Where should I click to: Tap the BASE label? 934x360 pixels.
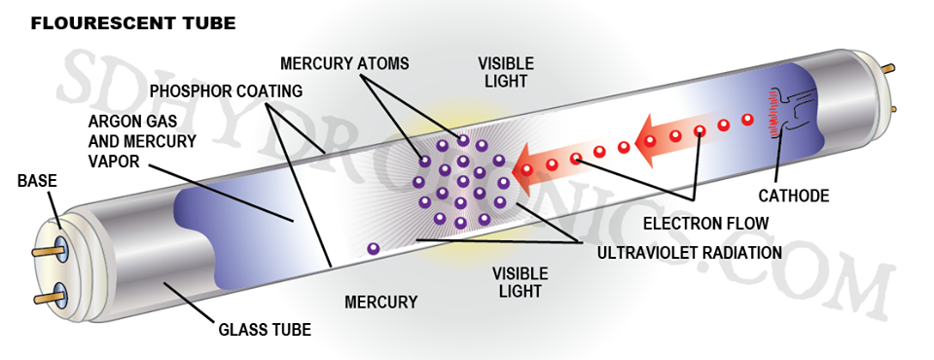[x=38, y=180]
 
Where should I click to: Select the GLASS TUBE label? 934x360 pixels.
[x=262, y=330]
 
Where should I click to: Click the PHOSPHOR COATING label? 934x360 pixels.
[x=226, y=90]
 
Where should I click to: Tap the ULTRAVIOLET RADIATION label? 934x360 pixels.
[x=689, y=252]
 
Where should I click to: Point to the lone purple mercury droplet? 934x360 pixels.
[x=373, y=249]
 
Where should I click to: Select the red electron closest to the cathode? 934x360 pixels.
[x=747, y=120]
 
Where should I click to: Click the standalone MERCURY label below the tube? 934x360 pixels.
[x=380, y=303]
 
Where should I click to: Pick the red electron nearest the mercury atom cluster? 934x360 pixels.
[x=527, y=169]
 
